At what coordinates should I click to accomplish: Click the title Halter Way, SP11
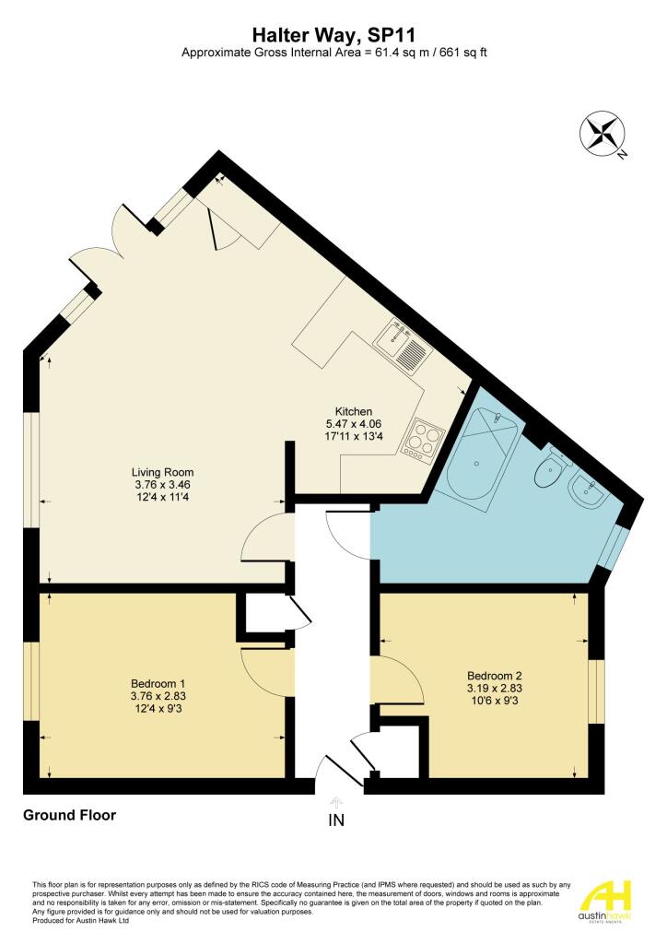coord(333,34)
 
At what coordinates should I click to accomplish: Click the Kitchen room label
coord(353,411)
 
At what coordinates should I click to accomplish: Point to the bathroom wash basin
coord(586,493)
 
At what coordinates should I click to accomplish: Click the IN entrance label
coord(336,820)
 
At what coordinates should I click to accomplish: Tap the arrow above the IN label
coord(336,802)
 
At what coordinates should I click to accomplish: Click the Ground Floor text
coord(70,815)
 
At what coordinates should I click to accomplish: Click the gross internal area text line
coord(333,53)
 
